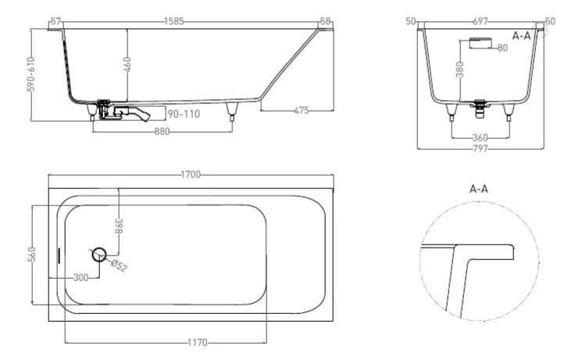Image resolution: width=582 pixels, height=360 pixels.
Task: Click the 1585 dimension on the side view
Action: (174, 22)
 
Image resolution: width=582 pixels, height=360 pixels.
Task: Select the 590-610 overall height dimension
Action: (30, 74)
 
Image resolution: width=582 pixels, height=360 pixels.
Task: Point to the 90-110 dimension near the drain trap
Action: (184, 114)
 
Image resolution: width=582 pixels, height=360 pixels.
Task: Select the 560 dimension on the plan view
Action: (30, 255)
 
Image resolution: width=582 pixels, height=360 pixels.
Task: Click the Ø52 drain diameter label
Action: (118, 266)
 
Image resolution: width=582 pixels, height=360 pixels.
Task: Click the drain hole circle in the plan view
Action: (100, 254)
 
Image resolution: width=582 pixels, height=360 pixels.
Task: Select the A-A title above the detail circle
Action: (479, 189)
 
